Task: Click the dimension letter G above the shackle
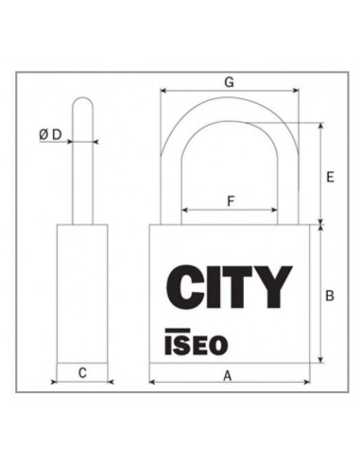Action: point(229,82)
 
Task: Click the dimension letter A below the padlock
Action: point(228,375)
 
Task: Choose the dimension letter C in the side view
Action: point(82,374)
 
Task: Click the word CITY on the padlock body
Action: point(229,286)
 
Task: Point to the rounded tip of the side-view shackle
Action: point(82,100)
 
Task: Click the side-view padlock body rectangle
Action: point(82,293)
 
